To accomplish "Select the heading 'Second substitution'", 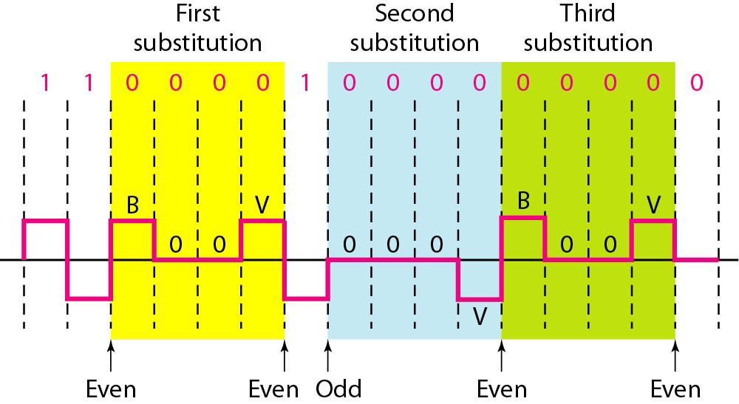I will tap(415, 28).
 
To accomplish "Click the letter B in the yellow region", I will tap(132, 205).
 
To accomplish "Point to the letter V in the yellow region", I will tap(262, 205).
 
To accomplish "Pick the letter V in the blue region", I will tap(480, 315).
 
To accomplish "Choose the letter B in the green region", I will tap(523, 202).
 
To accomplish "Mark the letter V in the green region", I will tap(653, 205).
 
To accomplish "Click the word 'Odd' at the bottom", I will tap(338, 388).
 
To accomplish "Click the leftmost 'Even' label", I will tap(111, 388).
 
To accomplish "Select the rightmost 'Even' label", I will tap(675, 388).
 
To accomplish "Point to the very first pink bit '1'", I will tap(45, 83).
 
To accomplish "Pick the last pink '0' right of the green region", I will tap(696, 83).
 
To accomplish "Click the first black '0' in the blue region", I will tap(349, 244).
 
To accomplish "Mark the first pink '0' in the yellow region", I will tap(132, 83).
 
